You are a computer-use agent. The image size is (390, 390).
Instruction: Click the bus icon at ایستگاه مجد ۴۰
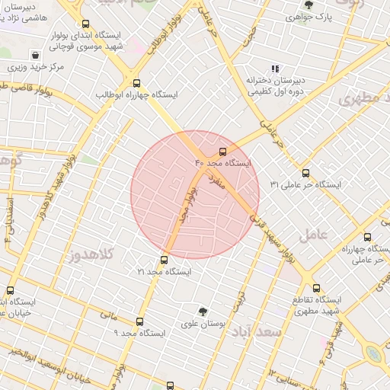tap(222, 151)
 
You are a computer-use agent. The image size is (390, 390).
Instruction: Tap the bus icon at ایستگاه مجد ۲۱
tap(165, 260)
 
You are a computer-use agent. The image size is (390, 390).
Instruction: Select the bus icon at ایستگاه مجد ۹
tap(139, 321)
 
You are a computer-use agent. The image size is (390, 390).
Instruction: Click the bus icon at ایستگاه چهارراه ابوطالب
tap(136, 84)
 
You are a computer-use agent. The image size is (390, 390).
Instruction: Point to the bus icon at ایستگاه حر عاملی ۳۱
tap(306, 173)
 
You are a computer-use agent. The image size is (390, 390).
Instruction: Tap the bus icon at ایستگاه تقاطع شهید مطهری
tap(296, 288)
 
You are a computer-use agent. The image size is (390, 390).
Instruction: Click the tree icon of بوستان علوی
tap(203, 311)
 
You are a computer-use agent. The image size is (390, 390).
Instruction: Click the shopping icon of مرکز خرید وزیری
tap(35, 55)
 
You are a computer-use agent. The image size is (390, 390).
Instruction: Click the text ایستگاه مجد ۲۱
tap(165, 271)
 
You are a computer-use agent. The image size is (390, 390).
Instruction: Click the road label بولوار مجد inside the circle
tap(184, 204)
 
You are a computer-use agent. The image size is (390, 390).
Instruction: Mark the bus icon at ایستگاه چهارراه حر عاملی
tap(368, 237)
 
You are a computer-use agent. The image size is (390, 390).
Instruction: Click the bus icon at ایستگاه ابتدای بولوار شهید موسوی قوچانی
tap(85, 24)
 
